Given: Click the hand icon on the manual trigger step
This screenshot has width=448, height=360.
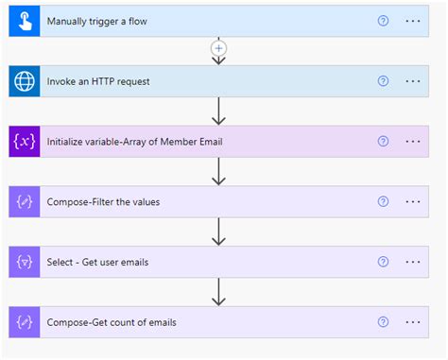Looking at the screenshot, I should (x=24, y=21).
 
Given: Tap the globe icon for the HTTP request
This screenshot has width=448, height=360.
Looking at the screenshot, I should (x=24, y=81).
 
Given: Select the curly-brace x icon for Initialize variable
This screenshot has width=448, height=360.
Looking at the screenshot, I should (x=24, y=141).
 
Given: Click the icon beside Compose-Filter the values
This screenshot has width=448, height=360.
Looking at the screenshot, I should (x=24, y=201).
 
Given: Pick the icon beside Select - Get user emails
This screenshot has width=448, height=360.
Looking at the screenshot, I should (x=24, y=262).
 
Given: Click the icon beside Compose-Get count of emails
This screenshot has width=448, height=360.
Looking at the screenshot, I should (x=24, y=322).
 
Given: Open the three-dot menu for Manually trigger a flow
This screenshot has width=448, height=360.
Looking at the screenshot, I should (x=412, y=21).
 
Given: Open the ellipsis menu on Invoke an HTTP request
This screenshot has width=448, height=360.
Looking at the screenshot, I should (x=412, y=81).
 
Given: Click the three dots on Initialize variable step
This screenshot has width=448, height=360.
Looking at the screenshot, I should (x=412, y=141).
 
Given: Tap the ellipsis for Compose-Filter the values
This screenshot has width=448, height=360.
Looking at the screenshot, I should (x=412, y=201).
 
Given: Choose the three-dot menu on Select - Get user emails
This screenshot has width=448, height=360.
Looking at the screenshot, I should (x=412, y=262).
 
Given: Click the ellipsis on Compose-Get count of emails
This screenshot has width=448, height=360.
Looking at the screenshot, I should (x=412, y=322).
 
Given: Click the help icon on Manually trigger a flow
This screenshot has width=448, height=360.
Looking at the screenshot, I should (x=383, y=21).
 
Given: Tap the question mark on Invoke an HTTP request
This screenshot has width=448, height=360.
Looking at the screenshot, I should (x=383, y=81).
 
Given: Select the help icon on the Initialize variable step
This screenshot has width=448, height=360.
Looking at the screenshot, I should (x=383, y=141).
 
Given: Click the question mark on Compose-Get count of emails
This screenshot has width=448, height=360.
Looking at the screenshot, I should (x=383, y=322).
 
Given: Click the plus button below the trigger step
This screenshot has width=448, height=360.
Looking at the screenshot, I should (x=219, y=47).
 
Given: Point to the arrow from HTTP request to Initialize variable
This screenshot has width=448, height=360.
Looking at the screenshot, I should (x=219, y=111).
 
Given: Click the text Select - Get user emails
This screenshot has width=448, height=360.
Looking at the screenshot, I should (x=98, y=262).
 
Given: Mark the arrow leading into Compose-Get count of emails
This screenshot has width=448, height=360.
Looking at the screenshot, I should (x=219, y=292).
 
